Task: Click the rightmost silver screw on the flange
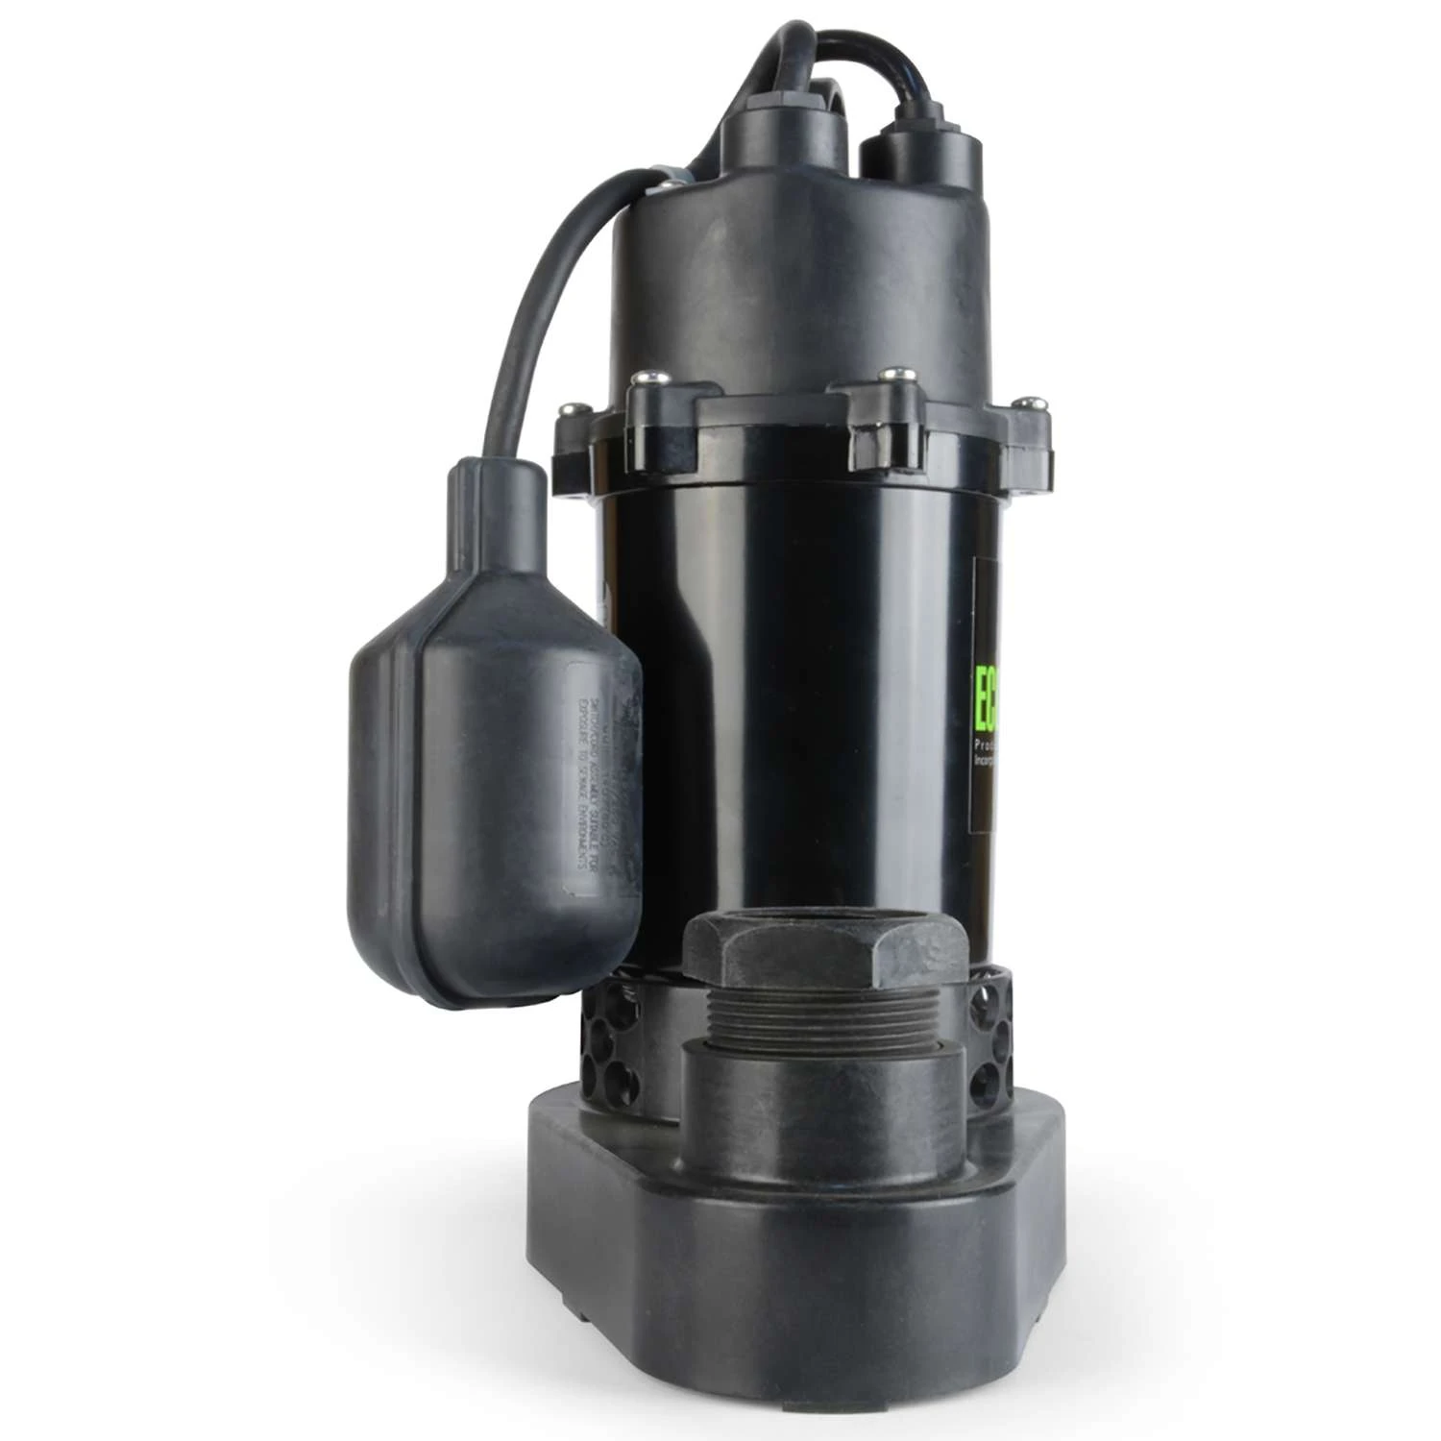click(1032, 401)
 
